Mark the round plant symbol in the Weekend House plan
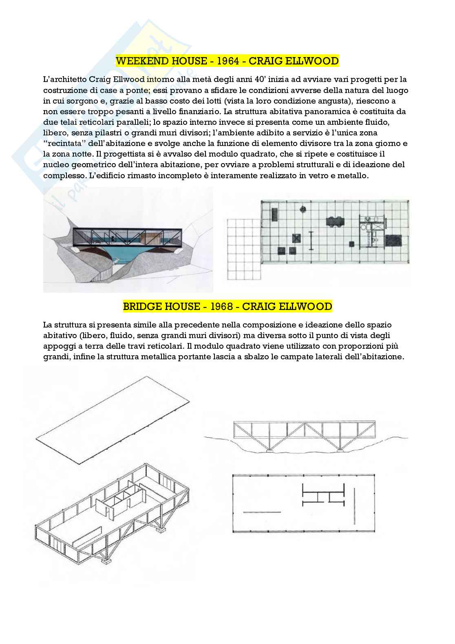pos(303,209)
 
